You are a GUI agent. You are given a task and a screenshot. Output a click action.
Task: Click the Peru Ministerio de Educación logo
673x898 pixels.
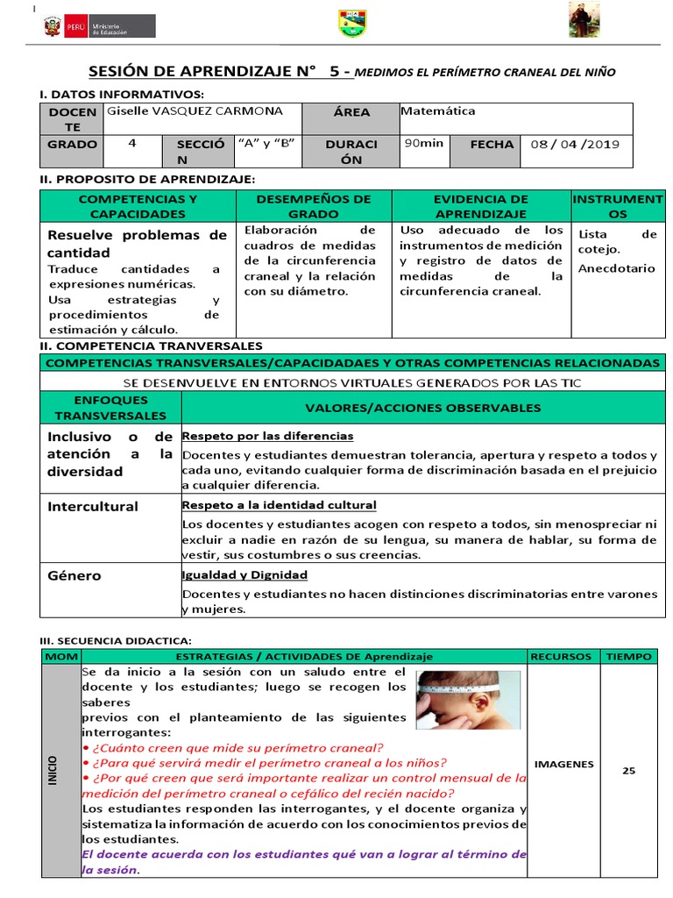click(98, 26)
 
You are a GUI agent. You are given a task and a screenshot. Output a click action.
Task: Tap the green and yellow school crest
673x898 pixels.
click(352, 25)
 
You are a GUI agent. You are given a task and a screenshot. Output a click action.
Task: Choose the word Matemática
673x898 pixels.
click(437, 111)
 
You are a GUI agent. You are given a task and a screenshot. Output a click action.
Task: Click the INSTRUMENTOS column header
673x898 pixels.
click(617, 206)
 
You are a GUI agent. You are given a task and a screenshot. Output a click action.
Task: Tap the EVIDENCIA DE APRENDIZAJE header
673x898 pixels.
click(481, 206)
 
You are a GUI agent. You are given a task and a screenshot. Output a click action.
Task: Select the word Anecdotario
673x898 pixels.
click(616, 268)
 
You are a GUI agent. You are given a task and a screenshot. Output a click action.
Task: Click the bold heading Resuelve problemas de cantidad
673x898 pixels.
click(137, 244)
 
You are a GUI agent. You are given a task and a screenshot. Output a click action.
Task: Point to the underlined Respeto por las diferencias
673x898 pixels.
click(267, 436)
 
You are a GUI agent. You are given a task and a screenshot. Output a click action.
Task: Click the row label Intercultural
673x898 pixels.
click(92, 507)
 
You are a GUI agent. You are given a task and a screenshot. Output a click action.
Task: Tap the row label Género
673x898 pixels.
click(74, 576)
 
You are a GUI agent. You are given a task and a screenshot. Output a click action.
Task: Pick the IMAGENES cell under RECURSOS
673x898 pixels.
click(563, 764)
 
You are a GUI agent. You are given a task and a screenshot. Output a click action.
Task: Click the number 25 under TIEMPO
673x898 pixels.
click(628, 771)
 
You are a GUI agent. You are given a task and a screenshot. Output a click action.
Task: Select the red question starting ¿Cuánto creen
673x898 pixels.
click(232, 747)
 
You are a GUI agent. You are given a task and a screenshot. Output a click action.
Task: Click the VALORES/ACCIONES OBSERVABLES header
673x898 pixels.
click(422, 408)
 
